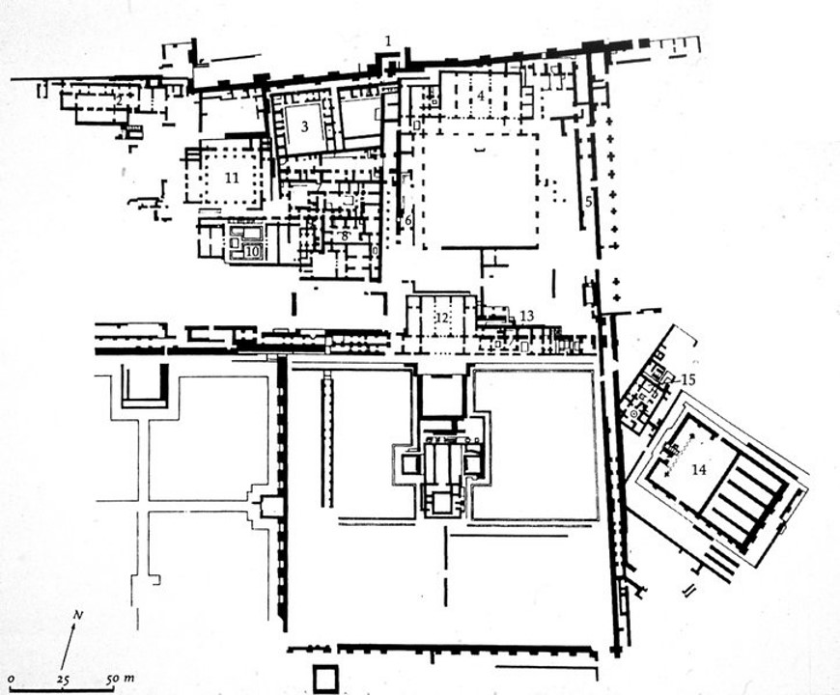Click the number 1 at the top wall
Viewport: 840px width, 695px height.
(388, 41)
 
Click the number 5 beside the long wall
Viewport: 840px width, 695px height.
(588, 201)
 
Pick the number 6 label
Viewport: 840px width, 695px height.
(407, 221)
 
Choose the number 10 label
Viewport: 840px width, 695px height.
(252, 252)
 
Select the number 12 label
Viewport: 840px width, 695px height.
(443, 317)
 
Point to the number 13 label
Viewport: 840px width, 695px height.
(526, 316)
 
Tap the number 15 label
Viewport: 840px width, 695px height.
(687, 379)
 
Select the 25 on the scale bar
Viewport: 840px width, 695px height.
(63, 681)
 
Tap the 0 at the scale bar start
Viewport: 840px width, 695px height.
(11, 681)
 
